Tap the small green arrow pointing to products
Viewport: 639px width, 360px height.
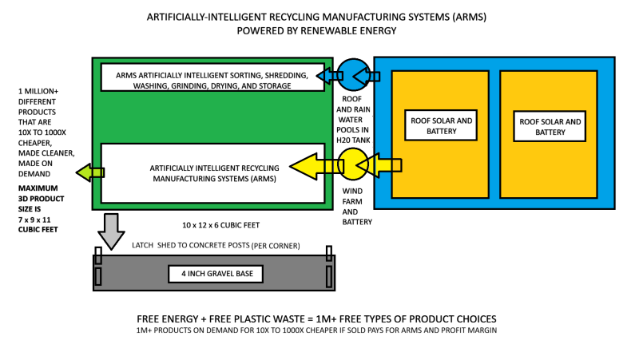click(86, 172)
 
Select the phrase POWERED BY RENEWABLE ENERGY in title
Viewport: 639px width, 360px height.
click(318, 31)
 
